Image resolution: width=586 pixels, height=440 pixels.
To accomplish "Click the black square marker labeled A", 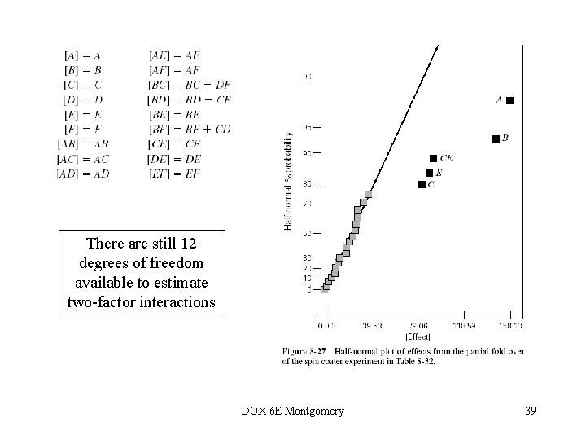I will click(509, 100).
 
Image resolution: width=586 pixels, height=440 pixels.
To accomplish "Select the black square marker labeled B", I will click(496, 139).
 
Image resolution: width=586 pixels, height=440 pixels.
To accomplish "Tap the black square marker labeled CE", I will click(433, 158).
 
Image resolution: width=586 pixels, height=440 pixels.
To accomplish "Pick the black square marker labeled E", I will click(429, 173).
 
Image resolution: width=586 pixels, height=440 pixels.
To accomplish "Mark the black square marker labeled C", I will click(422, 185).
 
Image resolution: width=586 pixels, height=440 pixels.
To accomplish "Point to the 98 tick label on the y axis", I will click(307, 77).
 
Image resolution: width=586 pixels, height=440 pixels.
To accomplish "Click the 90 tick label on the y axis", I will click(307, 152).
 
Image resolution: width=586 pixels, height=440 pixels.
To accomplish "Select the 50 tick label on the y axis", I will click(307, 234).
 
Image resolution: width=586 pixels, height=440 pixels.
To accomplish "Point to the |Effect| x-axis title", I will click(418, 337).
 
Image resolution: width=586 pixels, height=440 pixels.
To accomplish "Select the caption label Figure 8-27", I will click(302, 351).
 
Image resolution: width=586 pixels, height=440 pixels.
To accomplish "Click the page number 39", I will click(531, 410).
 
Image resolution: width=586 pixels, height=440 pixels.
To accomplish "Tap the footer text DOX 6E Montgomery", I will click(293, 410).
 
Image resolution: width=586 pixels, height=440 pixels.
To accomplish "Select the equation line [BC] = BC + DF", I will click(190, 85).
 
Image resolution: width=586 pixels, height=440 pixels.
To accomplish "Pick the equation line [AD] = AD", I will click(83, 174).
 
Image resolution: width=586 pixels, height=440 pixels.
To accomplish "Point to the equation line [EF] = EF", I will click(174, 174).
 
